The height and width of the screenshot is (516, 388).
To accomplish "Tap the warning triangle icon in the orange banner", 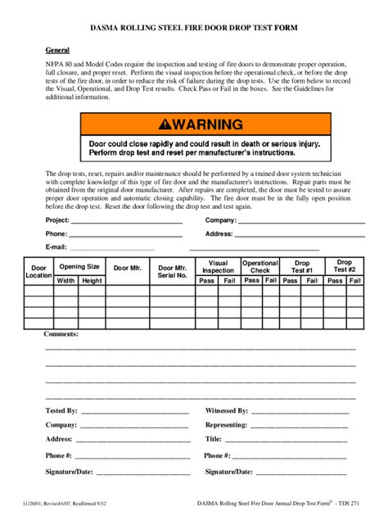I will click(x=167, y=125).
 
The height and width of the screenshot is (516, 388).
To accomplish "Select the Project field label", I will click(x=57, y=220).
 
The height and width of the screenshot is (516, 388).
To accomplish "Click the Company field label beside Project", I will click(x=221, y=220).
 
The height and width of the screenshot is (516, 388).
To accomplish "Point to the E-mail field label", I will click(x=56, y=247).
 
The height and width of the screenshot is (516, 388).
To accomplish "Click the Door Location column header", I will click(x=38, y=271).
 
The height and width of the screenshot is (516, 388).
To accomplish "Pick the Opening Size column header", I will click(x=79, y=266).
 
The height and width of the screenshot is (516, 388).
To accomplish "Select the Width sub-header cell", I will click(x=66, y=280).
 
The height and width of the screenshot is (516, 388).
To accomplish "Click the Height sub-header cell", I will click(x=92, y=280).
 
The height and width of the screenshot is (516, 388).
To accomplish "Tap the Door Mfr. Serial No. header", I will click(x=173, y=271).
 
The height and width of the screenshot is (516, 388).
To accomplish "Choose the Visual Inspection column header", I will click(x=218, y=266).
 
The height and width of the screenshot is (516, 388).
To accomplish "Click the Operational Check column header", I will click(x=260, y=266).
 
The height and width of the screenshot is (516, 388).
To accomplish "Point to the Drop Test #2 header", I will click(x=345, y=266).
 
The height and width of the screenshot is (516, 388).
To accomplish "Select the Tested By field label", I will click(x=61, y=410).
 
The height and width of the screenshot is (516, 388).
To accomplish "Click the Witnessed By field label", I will click(x=227, y=410).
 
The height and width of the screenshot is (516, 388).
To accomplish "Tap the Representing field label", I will click(x=226, y=425).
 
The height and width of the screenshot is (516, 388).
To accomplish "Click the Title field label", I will click(x=214, y=440).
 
